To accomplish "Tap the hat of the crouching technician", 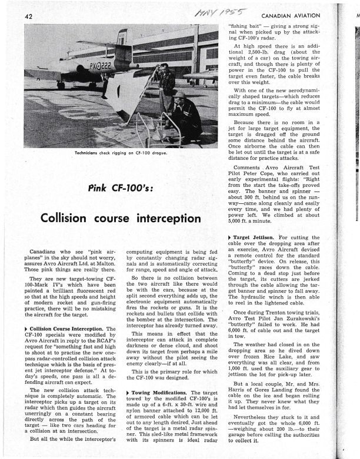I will click(179, 95).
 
